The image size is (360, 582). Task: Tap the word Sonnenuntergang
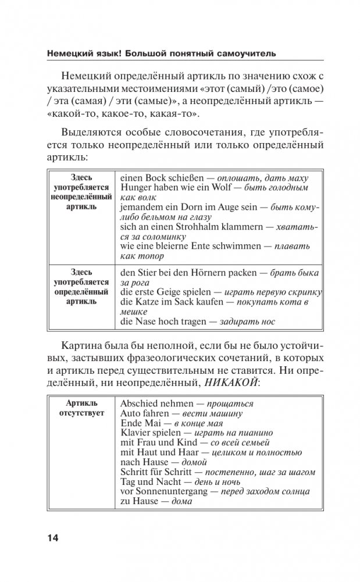(175, 492)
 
